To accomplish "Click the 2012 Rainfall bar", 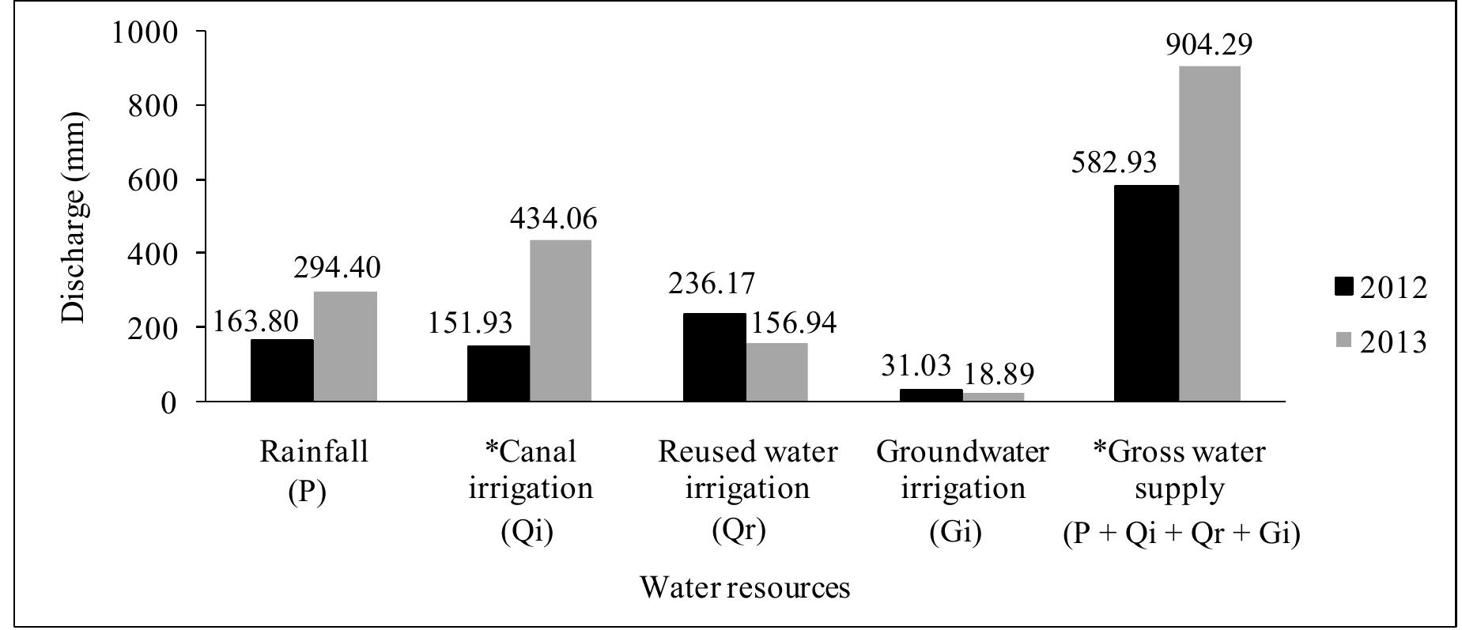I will [281, 370].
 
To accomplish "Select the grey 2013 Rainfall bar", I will [345, 346].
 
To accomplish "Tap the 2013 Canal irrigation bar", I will [561, 320].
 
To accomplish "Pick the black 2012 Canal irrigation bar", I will [498, 373].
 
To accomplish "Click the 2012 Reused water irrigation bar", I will [714, 357].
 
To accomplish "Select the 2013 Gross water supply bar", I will [1209, 234].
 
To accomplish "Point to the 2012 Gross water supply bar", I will [1147, 293].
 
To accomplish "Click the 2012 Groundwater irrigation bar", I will [931, 395].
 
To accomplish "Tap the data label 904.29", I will [1210, 45].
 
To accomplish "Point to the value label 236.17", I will [712, 283].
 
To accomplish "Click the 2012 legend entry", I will [1380, 288].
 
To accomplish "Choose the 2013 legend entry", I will [1380, 341].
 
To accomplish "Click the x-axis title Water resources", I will [745, 588].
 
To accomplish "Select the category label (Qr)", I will [739, 530].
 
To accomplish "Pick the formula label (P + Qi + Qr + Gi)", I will [1181, 534].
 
